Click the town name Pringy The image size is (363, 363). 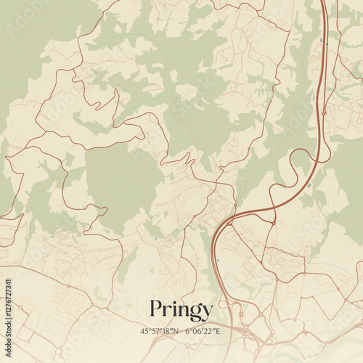181,311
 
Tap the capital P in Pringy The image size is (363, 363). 155,309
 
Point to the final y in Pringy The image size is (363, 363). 207,313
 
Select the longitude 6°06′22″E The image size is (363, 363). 203,331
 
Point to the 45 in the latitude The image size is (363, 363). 144,331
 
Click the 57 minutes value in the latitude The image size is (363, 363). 155,331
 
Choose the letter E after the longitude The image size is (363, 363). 219,331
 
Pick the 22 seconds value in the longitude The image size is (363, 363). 211,331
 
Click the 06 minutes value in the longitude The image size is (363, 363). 199,331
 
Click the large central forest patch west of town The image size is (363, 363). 120,181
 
